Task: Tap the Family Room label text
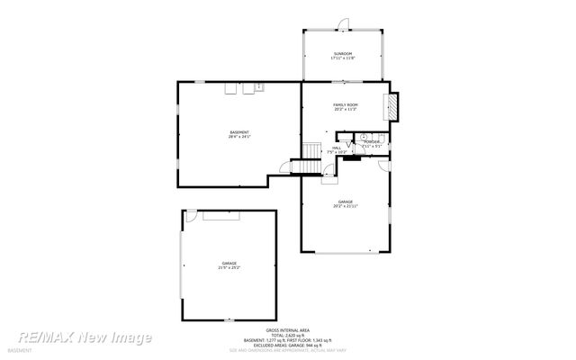[x=346, y=105]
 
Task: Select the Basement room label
[x=239, y=133]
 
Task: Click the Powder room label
[x=372, y=141]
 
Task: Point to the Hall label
[x=336, y=148]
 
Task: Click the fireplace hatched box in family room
[x=391, y=105]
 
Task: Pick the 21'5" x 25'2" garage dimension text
[x=229, y=268]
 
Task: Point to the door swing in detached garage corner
[x=191, y=217]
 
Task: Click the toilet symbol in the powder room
[x=364, y=137]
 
